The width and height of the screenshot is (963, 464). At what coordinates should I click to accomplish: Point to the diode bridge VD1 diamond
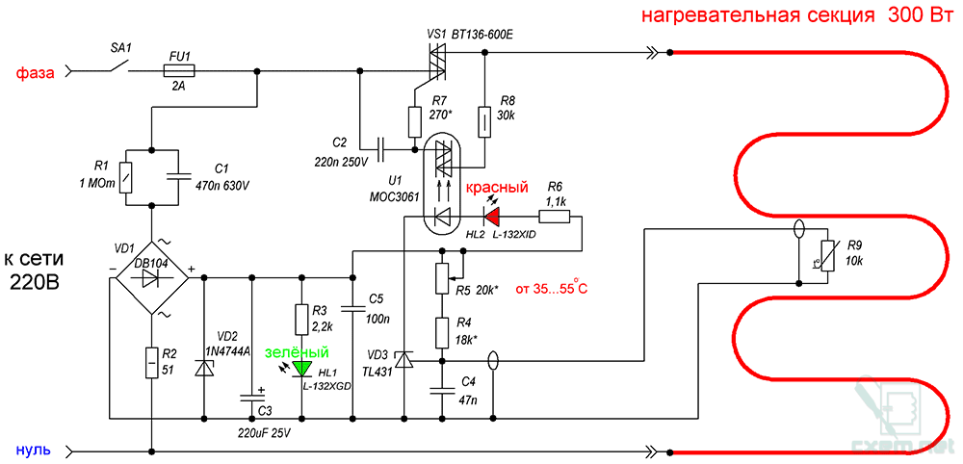point(152,276)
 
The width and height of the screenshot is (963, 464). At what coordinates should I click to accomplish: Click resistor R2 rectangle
point(152,363)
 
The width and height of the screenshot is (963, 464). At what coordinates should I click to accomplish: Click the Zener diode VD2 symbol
point(204,369)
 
